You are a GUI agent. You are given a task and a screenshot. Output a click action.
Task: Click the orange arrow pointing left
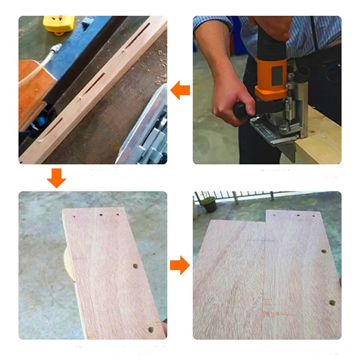click(x=180, y=90)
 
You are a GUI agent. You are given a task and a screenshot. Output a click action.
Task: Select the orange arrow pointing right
click(x=180, y=265)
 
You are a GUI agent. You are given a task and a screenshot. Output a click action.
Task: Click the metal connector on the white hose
click(x=56, y=49)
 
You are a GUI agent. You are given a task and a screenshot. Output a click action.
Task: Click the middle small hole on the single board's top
click(x=101, y=214)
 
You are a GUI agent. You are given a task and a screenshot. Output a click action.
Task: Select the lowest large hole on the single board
click(x=150, y=329)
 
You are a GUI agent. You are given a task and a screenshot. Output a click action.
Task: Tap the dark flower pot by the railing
click(x=209, y=204)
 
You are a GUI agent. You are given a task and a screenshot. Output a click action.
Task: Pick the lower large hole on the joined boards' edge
click(x=332, y=302)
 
